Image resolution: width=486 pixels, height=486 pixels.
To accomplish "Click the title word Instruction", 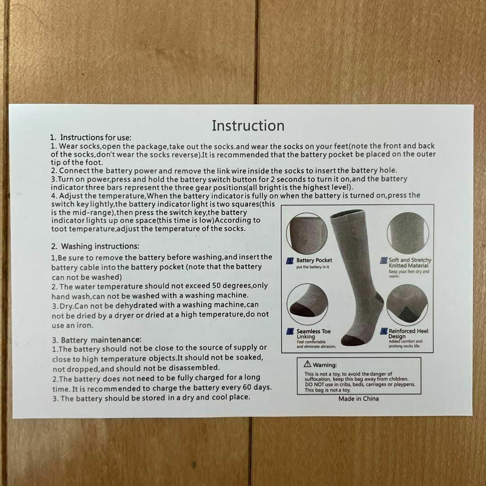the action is click(248, 126).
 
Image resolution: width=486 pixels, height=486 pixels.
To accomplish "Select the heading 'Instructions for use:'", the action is click(96, 137).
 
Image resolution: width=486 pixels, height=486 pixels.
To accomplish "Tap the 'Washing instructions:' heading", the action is click(100, 246).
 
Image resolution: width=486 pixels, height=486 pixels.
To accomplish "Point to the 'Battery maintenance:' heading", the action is click(101, 340).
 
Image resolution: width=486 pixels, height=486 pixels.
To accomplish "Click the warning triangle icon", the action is click(307, 364).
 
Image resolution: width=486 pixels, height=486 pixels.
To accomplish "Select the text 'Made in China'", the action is click(359, 399).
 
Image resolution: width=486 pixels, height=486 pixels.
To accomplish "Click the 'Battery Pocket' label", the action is click(314, 261).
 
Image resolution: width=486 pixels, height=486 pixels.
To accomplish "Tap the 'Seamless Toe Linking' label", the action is click(313, 334).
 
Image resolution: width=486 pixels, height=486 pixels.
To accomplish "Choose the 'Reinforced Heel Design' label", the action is click(408, 333).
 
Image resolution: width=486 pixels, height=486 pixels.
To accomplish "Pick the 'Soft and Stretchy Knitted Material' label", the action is click(410, 262).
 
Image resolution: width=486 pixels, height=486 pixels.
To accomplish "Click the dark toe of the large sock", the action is click(352, 340).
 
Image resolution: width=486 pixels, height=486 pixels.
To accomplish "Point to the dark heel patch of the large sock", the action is click(379, 299).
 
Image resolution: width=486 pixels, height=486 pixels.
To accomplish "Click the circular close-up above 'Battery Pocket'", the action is click(307, 234).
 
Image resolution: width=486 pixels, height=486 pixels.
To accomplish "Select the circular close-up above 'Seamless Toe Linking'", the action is click(307, 304).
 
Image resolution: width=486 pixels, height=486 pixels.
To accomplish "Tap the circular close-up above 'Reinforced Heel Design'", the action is click(407, 304).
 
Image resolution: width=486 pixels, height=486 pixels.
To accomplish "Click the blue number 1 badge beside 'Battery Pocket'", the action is click(290, 261).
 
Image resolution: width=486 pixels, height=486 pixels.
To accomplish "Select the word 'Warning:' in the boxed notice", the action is click(325, 365).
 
